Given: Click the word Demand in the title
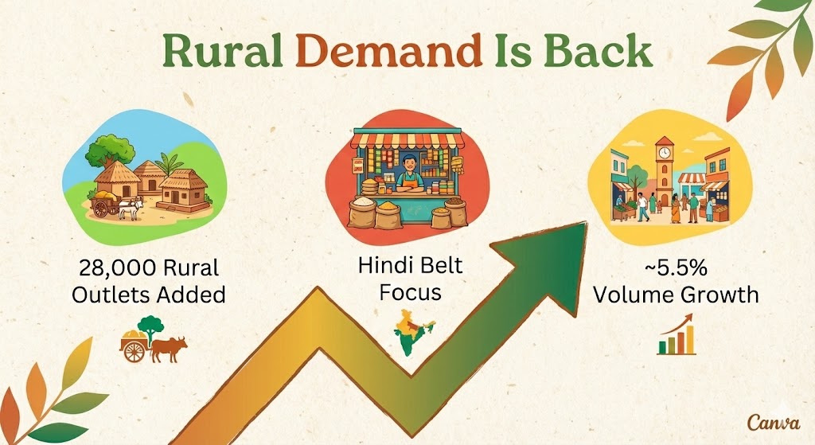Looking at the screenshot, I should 384,52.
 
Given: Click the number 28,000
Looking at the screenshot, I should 116,267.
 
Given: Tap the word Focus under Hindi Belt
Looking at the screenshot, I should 409,292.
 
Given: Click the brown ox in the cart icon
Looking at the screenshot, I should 170,347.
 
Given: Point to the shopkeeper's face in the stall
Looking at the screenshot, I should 408,166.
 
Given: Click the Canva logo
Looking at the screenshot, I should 768,422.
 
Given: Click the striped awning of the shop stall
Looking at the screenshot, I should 407,140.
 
